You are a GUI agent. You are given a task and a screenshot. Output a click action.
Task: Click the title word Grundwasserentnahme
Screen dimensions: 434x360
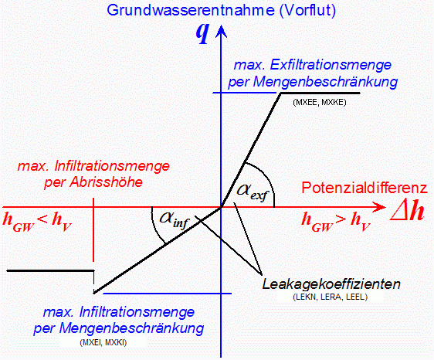click(191, 10)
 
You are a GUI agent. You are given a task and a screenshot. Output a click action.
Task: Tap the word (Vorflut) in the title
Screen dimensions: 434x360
click(307, 11)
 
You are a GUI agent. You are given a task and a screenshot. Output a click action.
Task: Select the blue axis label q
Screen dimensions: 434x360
click(202, 33)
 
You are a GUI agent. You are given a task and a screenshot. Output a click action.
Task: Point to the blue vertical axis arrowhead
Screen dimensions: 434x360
click(221, 31)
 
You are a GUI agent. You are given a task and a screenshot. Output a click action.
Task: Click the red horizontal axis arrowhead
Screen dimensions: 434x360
click(379, 207)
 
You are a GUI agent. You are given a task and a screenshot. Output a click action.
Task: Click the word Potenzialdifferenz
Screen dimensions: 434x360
click(364, 188)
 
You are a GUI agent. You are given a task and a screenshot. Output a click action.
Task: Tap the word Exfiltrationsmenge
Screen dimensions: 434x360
click(331, 65)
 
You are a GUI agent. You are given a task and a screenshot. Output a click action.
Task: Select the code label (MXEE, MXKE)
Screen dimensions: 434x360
click(320, 103)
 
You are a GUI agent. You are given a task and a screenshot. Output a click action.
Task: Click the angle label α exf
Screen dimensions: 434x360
click(253, 192)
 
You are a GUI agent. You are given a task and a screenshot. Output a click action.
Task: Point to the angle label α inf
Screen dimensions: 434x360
click(175, 220)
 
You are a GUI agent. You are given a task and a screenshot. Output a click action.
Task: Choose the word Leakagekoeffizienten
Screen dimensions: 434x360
click(331, 284)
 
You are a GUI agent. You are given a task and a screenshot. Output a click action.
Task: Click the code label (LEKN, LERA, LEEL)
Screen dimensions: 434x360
click(331, 297)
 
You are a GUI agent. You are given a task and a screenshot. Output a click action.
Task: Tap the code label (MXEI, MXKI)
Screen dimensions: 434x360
click(103, 343)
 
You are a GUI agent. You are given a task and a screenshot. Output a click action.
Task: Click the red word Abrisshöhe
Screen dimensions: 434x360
click(107, 182)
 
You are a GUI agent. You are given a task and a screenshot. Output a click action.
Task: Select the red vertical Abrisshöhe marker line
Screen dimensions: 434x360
click(93, 230)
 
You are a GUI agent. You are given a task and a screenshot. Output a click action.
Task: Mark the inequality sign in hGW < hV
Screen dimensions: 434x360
click(42, 220)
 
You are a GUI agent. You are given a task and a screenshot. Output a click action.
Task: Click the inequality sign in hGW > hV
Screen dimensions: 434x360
click(341, 219)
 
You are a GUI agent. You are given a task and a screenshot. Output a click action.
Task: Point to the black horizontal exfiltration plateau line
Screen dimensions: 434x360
click(320, 93)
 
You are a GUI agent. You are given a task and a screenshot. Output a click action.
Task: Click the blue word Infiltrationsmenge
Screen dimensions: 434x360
click(137, 312)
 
